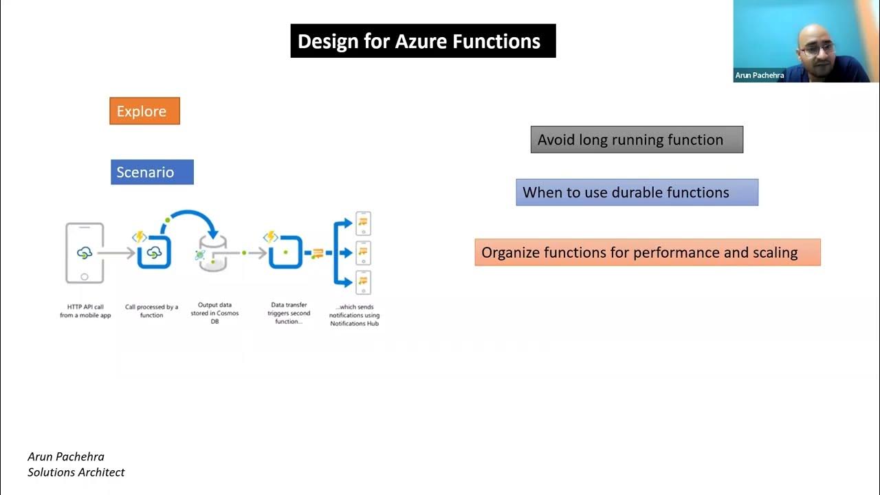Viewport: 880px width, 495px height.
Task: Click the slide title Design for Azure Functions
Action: coord(422,41)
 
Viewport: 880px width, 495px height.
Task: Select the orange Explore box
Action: coord(144,111)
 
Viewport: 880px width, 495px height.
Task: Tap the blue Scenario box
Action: coord(152,172)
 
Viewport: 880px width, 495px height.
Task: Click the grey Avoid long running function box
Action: coord(637,140)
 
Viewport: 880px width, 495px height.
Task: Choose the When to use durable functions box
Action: coord(637,192)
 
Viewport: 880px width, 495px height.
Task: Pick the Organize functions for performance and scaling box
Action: coord(647,252)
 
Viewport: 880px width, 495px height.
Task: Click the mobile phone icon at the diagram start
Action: coord(85,252)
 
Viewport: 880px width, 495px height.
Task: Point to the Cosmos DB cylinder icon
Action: coord(212,254)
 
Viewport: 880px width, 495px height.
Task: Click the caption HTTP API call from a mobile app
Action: coord(85,311)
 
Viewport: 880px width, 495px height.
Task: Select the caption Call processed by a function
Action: coord(151,311)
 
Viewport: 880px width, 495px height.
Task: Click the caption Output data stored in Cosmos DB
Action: coord(214,312)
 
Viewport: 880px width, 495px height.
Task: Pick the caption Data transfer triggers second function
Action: coord(289,313)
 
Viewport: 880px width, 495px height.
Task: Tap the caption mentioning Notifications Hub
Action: coord(354,315)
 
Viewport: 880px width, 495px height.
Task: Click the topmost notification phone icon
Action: coord(362,223)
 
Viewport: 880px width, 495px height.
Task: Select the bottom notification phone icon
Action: coord(362,283)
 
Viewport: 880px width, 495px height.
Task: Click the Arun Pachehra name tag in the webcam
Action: coord(760,76)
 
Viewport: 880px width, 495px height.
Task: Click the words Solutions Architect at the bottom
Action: coord(76,472)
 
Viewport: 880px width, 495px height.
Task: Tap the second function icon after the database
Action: coord(285,253)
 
